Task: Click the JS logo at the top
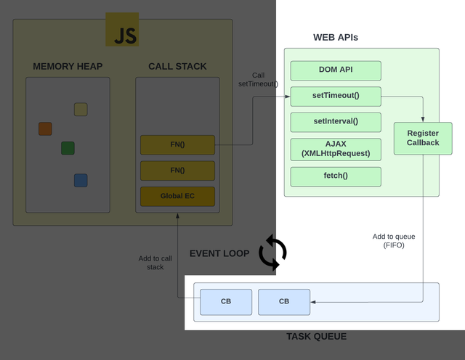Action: coord(122,30)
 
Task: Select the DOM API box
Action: coord(336,70)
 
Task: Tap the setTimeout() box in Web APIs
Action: coord(336,96)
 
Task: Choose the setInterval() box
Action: coord(336,122)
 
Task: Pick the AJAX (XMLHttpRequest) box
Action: coord(336,149)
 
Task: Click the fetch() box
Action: coord(336,176)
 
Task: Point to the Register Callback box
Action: coord(423,138)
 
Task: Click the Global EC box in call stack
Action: coord(177,196)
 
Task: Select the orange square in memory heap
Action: coord(45,128)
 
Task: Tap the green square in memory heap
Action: coord(68,148)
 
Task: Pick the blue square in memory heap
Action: coord(81,180)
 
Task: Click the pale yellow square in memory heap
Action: coord(81,110)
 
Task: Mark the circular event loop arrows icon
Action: coord(272,253)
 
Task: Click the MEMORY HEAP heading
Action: coord(68,67)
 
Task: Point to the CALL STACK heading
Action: coord(177,67)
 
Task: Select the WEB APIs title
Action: coord(335,37)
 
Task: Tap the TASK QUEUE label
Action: coord(316,337)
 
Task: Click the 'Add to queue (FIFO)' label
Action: coord(393,241)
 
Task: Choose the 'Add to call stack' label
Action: coord(155,263)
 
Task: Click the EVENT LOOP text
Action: coord(219,253)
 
